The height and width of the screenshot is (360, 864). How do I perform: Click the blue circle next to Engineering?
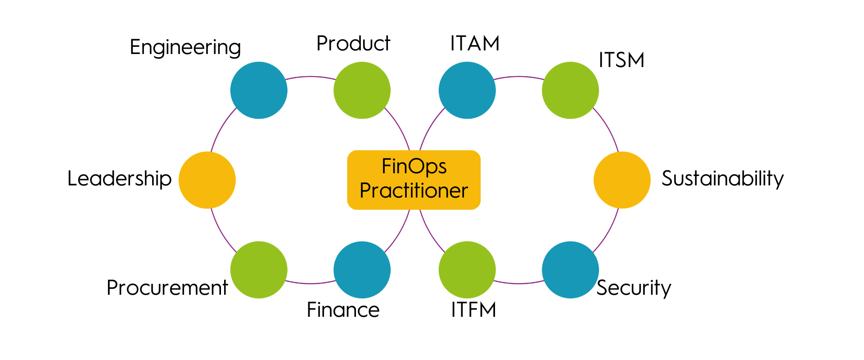(259, 90)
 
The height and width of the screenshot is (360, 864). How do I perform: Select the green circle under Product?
(362, 90)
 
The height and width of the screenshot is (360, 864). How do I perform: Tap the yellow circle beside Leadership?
(207, 180)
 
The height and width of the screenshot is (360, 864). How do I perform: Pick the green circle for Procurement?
(259, 270)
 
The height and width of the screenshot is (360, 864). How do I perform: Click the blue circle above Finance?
(362, 270)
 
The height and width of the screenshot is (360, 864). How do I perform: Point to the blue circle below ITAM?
(467, 90)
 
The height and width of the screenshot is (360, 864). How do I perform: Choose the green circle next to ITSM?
(570, 90)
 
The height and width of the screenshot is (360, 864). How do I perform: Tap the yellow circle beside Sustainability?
(622, 180)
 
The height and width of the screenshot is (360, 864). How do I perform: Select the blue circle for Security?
(570, 270)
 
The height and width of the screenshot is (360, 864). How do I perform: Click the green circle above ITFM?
(467, 270)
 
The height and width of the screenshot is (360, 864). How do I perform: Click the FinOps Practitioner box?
(414, 180)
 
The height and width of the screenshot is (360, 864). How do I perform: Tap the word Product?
(353, 44)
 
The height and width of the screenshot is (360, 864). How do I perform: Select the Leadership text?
(119, 179)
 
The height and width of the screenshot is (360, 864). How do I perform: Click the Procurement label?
(167, 288)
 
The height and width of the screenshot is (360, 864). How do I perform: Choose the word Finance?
(343, 310)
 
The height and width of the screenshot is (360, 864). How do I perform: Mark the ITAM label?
(475, 44)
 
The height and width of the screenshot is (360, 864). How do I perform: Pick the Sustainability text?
(722, 179)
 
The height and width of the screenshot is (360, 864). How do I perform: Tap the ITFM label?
(473, 310)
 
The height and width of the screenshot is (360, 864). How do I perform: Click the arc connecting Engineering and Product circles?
(310, 77)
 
